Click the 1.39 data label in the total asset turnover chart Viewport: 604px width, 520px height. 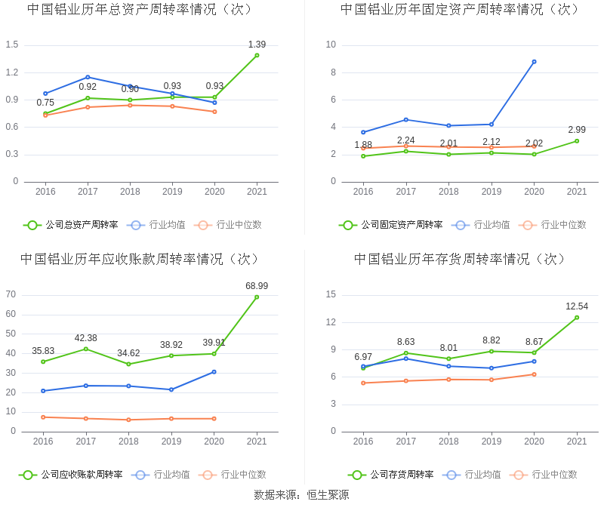(257, 45)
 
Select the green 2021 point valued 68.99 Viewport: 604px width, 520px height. (257, 297)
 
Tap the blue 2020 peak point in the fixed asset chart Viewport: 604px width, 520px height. (534, 62)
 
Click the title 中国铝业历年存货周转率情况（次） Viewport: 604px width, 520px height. (460, 259)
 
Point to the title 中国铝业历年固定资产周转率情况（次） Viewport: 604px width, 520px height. (460, 9)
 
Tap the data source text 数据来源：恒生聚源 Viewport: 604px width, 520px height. (301, 495)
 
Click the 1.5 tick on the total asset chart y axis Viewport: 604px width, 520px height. (11, 45)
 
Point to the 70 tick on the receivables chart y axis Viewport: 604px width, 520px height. (11, 294)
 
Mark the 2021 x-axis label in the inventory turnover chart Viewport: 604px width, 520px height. (577, 442)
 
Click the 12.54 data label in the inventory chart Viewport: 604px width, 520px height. (577, 306)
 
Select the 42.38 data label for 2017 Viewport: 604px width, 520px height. (86, 338)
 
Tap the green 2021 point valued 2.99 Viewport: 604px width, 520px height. (577, 140)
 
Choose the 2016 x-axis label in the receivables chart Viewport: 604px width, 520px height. (43, 442)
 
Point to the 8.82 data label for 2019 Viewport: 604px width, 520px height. (491, 340)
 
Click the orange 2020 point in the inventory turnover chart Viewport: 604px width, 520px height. (534, 374)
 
